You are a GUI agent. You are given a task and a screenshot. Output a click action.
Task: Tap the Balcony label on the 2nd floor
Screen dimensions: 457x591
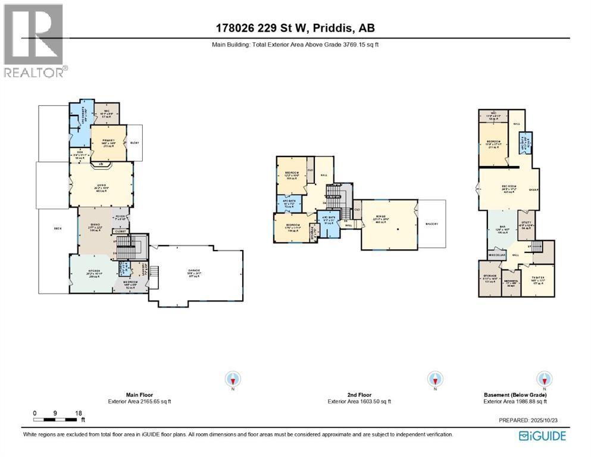[x=433, y=224]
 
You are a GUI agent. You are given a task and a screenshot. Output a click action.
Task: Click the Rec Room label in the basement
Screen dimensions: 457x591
[x=508, y=189]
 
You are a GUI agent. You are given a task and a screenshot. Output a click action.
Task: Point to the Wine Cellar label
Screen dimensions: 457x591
[x=497, y=255]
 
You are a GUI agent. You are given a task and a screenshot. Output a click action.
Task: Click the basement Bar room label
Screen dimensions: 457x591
[x=502, y=229]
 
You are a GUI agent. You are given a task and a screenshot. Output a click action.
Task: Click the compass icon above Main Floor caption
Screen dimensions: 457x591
[x=233, y=378]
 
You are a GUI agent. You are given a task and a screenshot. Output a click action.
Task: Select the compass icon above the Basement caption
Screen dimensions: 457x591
[x=542, y=378]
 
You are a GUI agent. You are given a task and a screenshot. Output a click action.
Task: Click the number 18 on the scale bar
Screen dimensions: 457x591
[x=78, y=412]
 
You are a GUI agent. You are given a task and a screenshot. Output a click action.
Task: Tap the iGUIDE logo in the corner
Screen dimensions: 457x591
[x=542, y=436]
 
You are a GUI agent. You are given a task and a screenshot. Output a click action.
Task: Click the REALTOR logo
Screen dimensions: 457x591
[x=35, y=40]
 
